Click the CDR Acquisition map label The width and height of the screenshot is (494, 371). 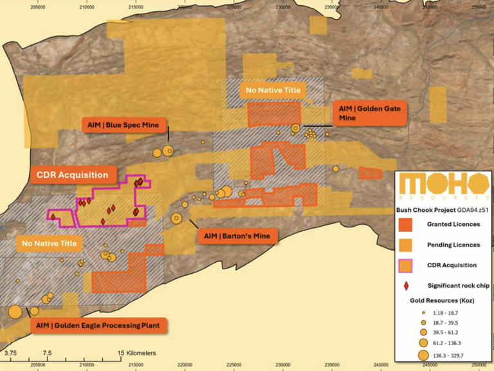pyautogui.click(x=72, y=175)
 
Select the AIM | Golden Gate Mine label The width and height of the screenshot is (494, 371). pyautogui.click(x=370, y=113)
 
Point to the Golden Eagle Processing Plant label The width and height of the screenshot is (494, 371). pyautogui.click(x=99, y=325)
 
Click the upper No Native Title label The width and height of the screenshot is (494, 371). pyautogui.click(x=270, y=90)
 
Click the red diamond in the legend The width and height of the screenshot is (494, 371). pyautogui.click(x=406, y=284)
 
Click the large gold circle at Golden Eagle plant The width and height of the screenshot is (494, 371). pyautogui.click(x=15, y=313)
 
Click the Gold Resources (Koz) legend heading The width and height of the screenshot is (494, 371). pyautogui.click(x=442, y=300)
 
